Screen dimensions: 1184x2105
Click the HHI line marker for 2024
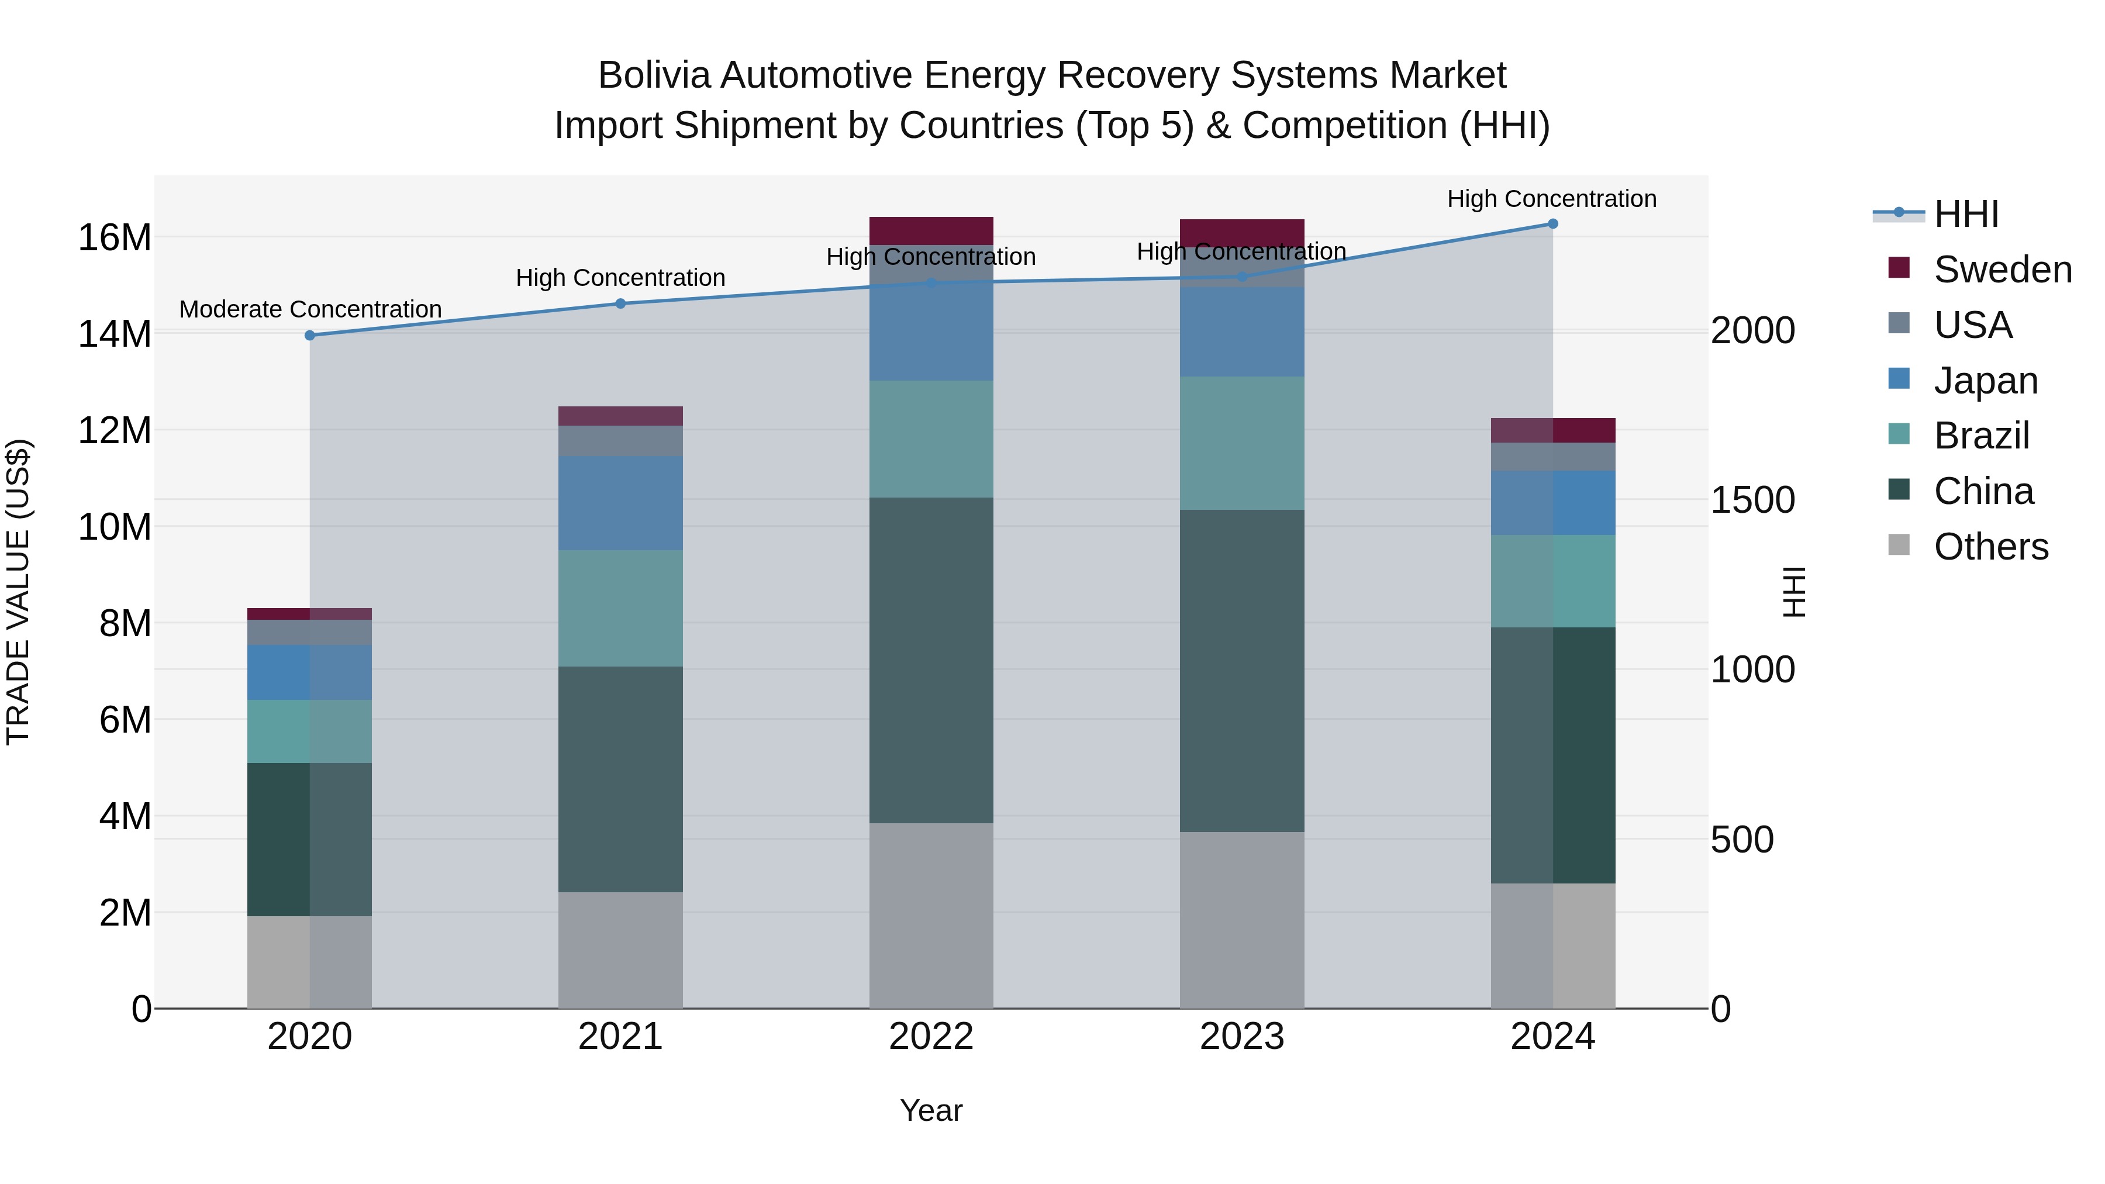pyautogui.click(x=1552, y=224)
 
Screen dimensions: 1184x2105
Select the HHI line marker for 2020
pyautogui.click(x=310, y=335)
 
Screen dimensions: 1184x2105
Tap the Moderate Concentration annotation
pyautogui.click(x=310, y=310)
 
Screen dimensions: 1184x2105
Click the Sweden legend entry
pyautogui.click(x=2002, y=270)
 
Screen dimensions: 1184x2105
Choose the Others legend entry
pyautogui.click(x=1990, y=547)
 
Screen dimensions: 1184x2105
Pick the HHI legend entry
pyautogui.click(x=1966, y=214)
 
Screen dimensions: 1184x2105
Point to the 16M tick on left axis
pyautogui.click(x=115, y=238)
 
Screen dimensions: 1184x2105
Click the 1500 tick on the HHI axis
pyautogui.click(x=1753, y=500)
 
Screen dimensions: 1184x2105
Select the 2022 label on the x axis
pyautogui.click(x=931, y=1037)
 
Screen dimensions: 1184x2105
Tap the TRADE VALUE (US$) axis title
pyautogui.click(x=19, y=592)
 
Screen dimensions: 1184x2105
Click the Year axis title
pyautogui.click(x=931, y=1110)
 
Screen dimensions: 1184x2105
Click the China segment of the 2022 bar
pyautogui.click(x=931, y=660)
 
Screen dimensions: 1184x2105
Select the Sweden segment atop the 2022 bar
pyautogui.click(x=931, y=230)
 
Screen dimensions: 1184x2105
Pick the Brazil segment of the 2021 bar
pyautogui.click(x=620, y=608)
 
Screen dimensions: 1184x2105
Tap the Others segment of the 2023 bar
pyautogui.click(x=1241, y=920)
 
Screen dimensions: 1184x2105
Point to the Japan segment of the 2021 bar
pyautogui.click(x=620, y=502)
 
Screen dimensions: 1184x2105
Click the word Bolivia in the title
pyautogui.click(x=656, y=75)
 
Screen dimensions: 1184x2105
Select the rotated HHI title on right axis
pyautogui.click(x=1794, y=592)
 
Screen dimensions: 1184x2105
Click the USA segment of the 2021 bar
pyautogui.click(x=620, y=440)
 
